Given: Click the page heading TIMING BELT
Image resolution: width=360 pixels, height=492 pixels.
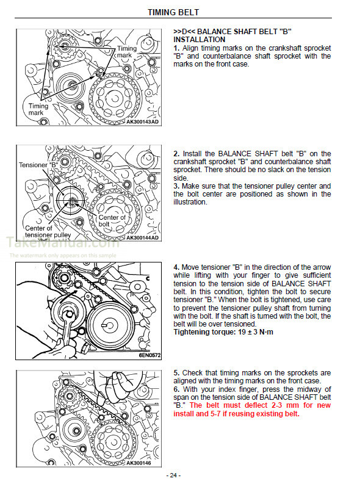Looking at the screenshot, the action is click(x=173, y=12).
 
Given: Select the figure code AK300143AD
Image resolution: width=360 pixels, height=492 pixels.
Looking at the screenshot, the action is click(x=143, y=121).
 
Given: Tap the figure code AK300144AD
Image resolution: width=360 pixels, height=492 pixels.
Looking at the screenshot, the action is click(x=143, y=238).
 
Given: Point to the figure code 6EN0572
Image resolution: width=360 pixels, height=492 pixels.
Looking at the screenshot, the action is click(x=149, y=355).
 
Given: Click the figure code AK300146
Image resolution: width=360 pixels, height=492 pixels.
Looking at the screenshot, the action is click(x=139, y=463).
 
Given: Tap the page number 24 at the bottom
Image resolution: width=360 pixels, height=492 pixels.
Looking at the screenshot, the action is click(x=173, y=476).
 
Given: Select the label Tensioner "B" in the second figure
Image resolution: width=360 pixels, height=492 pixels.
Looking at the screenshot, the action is click(x=39, y=165).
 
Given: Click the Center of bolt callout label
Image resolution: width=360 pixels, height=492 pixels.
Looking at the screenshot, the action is click(x=112, y=220).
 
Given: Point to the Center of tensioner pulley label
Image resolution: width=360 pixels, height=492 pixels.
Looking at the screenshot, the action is click(x=48, y=231).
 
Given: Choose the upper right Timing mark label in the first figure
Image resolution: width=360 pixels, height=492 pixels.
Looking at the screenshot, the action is click(x=127, y=52).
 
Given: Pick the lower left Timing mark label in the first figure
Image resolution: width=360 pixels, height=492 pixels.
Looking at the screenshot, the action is click(x=38, y=109).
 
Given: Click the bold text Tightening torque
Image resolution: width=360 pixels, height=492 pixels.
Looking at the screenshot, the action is click(x=204, y=332).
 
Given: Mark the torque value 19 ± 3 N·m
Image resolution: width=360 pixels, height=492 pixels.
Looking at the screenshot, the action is click(x=256, y=332).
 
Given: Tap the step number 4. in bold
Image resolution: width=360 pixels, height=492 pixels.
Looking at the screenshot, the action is click(x=176, y=267).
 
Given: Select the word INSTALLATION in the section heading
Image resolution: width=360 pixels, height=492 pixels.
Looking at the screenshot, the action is click(x=200, y=40).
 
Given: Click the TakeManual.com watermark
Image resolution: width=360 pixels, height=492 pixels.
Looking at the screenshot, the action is click(x=63, y=242).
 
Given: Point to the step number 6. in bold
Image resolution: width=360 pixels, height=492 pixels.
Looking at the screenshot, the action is click(x=176, y=389).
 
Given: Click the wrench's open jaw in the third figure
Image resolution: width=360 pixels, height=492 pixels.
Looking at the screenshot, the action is click(x=69, y=314).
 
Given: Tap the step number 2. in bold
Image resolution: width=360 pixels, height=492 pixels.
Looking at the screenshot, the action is click(x=176, y=154).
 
